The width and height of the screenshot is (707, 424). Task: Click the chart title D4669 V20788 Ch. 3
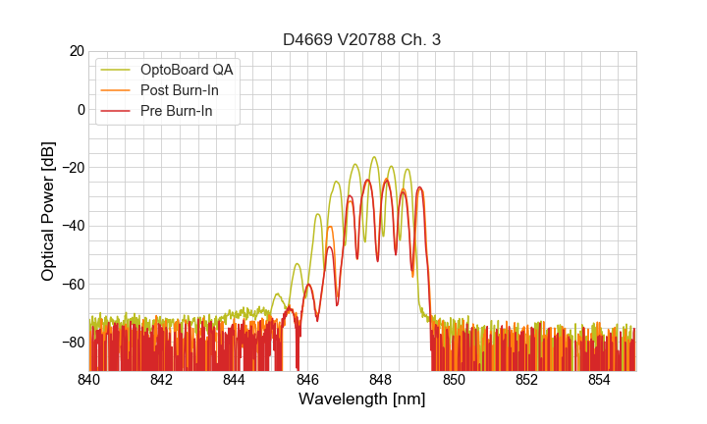362,39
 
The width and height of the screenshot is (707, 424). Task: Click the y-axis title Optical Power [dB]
48,211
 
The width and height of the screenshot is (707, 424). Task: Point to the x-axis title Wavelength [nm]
362,399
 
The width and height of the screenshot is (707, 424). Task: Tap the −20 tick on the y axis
72,168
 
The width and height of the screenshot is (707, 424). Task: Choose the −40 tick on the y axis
72,226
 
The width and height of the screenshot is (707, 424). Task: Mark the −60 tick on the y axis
72,284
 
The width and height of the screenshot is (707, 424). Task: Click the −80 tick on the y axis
72,343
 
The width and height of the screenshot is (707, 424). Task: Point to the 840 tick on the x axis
89,379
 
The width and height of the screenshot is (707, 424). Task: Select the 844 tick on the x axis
235,379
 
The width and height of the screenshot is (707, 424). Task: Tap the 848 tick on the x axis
381,379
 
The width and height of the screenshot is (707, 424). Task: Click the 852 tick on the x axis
526,379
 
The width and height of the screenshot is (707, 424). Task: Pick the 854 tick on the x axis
599,379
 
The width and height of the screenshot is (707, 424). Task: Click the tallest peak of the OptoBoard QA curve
374,157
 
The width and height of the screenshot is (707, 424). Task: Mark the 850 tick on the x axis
454,379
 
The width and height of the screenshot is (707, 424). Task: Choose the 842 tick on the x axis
162,379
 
